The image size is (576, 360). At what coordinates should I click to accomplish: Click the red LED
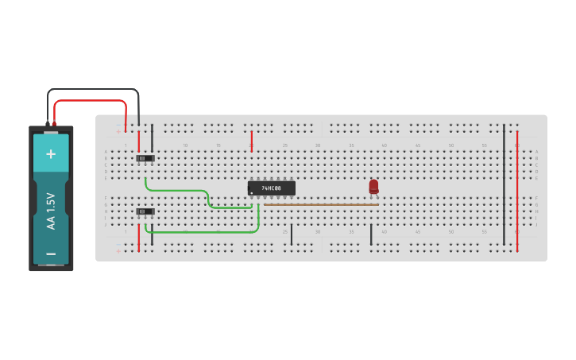373,186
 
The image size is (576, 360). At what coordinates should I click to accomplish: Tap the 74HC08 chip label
272,188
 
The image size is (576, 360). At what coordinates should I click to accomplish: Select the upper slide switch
145,158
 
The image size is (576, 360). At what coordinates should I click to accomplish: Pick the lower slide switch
145,211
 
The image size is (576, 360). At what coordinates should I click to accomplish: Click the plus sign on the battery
51,153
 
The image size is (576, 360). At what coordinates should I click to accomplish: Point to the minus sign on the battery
51,254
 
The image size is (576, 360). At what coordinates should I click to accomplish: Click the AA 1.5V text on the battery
51,211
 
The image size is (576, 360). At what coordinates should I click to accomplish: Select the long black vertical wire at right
504,183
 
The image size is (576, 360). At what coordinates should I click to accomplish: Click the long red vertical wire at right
517,191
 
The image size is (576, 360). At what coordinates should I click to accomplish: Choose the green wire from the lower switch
207,232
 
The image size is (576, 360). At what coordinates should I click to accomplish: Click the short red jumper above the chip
252,140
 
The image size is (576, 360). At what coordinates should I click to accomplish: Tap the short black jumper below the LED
371,234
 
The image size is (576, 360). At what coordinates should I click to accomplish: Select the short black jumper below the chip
292,234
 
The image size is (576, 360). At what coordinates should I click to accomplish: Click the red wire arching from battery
91,101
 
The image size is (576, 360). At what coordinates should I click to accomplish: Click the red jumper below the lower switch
139,238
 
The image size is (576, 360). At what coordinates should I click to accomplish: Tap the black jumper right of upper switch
152,137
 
